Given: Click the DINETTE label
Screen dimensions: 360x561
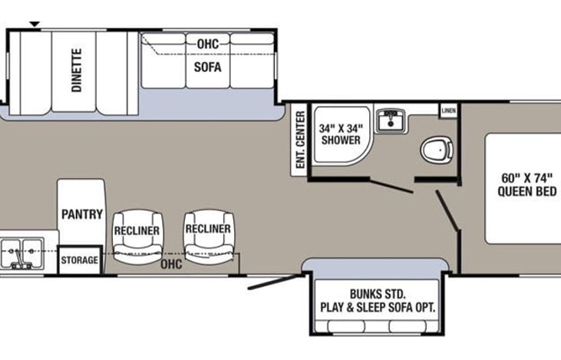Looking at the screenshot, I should pos(78,71).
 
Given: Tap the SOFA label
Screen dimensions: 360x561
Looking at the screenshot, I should pos(207,67).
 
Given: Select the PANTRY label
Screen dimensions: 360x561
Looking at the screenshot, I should pos(81,213).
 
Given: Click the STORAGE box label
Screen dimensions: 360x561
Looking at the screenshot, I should pos(80,260).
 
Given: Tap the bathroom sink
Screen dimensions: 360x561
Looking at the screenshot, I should pos(394,119).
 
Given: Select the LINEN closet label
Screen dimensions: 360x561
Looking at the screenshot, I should pos(449,111).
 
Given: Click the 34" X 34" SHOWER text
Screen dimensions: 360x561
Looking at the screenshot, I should pos(341,134).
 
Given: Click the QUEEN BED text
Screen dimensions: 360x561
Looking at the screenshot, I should pos(526,192).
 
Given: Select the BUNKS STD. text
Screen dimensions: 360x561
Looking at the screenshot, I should pos(378,294).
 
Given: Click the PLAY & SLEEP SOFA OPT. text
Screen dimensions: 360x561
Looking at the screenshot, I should pos(378,307).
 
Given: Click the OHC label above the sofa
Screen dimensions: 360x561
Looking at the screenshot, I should pos(208,44).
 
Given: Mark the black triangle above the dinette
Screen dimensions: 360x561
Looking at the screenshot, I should pos(35,25).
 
